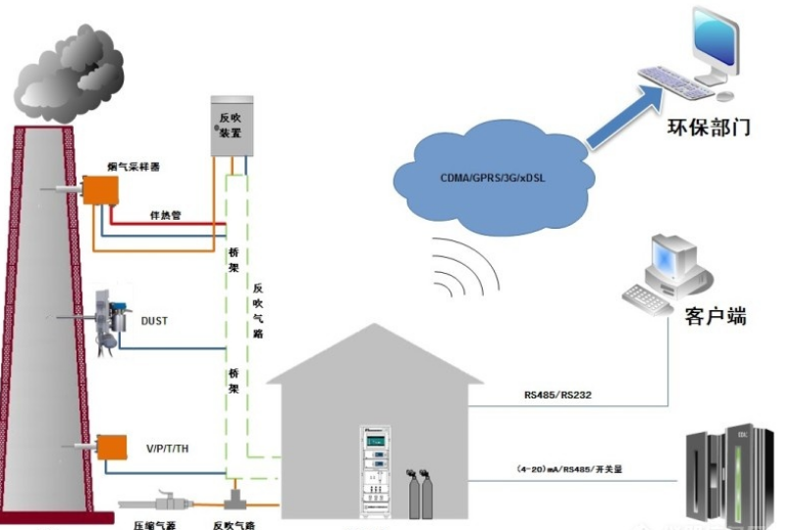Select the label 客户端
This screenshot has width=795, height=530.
click(715, 316)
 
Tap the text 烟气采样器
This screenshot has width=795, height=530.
click(133, 167)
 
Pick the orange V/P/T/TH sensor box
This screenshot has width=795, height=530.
click(110, 447)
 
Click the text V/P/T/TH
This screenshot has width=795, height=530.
click(166, 450)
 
